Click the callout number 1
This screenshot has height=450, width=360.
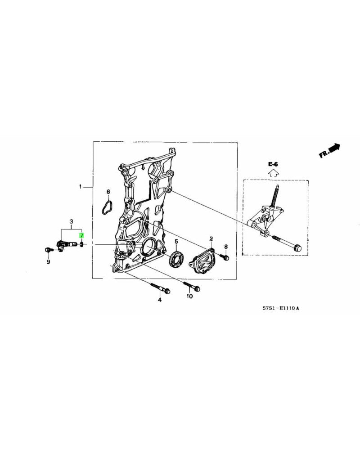point(81,186)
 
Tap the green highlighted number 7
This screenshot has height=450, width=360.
point(81,235)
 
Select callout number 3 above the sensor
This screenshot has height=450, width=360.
point(71,222)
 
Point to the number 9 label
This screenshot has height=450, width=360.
point(48,262)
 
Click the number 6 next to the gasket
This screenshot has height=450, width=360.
point(108,192)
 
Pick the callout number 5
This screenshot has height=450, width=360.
point(176,241)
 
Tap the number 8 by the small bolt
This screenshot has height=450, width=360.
point(226,247)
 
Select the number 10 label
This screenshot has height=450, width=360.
point(189,297)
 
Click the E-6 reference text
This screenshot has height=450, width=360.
point(273,165)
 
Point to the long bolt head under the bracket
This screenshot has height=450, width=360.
point(297,247)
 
